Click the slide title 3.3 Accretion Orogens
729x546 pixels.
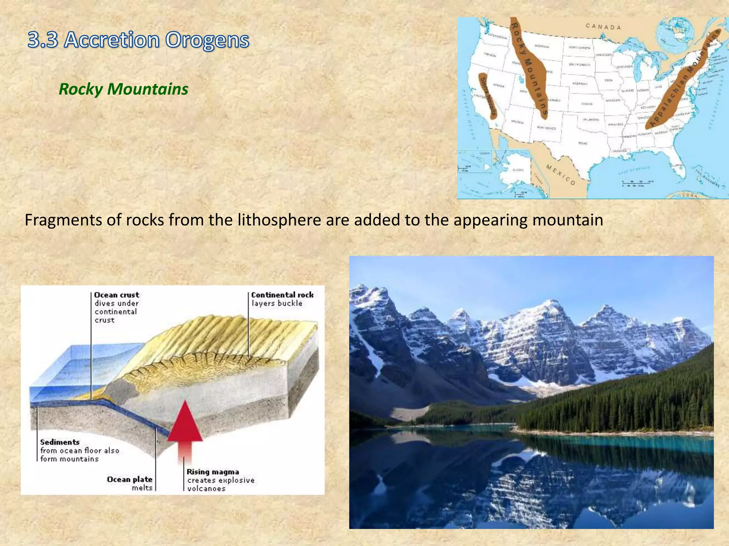click(x=138, y=40)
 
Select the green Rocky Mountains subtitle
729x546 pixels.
click(x=123, y=89)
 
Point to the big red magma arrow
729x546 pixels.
click(x=185, y=427)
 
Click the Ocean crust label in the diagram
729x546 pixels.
click(x=116, y=295)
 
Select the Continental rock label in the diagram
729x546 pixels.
click(x=282, y=295)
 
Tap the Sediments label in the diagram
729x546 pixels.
click(x=59, y=442)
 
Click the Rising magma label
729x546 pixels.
click(x=213, y=472)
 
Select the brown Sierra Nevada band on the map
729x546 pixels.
click(x=488, y=96)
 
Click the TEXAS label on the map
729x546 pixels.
click(x=583, y=143)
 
